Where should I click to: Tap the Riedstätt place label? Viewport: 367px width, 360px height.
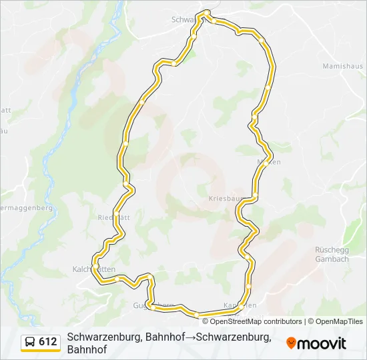113,217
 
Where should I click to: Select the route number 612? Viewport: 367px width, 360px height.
48,342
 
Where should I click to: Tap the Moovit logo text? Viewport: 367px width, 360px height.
322,343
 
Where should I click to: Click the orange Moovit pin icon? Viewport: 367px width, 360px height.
291,343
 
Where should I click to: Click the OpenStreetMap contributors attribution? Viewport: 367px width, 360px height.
256,321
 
